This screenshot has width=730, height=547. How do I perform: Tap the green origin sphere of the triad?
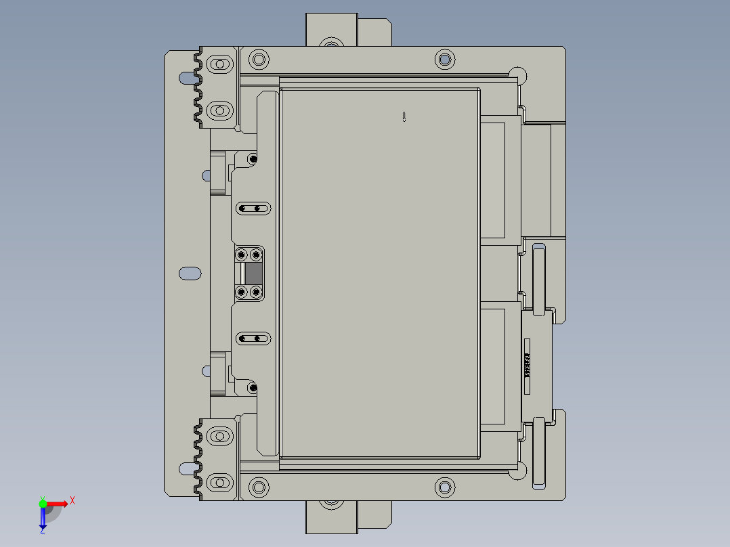pos(43,503)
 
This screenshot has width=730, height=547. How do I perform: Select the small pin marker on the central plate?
pos(404,116)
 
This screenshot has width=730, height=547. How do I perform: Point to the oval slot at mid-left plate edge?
pos(190,273)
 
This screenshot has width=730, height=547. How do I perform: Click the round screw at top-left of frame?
pos(258,59)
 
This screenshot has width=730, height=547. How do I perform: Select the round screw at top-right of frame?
pos(444,59)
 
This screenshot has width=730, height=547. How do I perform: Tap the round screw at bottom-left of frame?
pos(258,487)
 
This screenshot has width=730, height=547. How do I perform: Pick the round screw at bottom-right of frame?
pos(444,487)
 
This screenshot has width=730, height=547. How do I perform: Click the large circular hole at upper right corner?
pos(517,75)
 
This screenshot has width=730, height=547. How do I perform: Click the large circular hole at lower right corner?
pos(517,472)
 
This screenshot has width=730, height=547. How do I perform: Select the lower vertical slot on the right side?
pos(540,452)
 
